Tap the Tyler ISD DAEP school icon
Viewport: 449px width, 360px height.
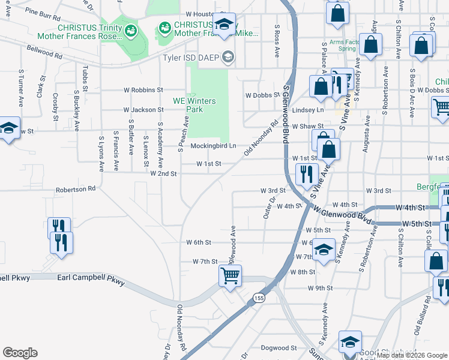(228, 58)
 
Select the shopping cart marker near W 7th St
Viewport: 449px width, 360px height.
(230, 276)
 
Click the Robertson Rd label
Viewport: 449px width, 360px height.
(75, 188)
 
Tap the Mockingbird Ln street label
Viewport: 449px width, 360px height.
(214, 146)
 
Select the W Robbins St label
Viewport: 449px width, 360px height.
(143, 90)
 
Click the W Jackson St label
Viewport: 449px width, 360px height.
(143, 110)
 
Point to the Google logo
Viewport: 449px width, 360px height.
(20, 353)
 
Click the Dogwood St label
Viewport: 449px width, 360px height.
(278, 348)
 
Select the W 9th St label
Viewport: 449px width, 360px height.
(320, 289)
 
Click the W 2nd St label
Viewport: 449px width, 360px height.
(163, 174)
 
